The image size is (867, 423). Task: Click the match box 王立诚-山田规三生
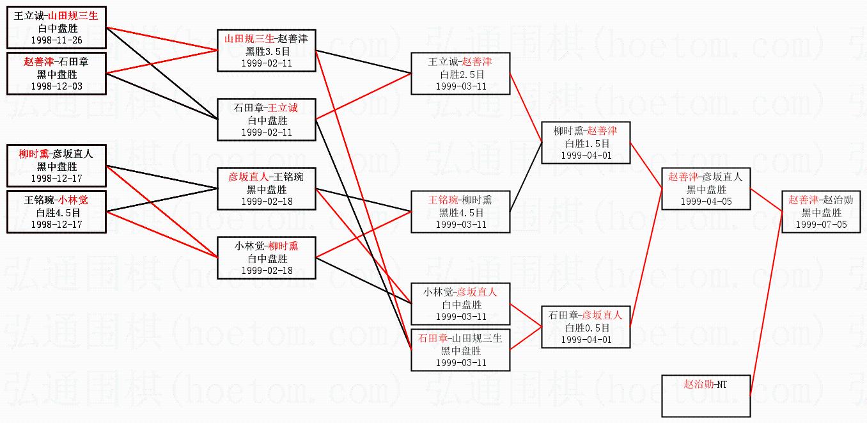point(56,28)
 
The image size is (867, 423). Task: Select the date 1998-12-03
point(56,86)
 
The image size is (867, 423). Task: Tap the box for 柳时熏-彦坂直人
point(56,166)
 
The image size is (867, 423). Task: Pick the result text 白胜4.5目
point(56,212)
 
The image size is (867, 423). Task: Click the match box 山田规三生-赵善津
point(266,51)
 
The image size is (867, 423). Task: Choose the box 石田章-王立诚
point(266,120)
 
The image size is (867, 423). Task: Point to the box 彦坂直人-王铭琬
point(266,189)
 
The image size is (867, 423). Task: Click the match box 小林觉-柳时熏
point(266,258)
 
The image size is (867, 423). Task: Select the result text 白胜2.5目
point(460,74)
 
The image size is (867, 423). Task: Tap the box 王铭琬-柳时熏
point(460,212)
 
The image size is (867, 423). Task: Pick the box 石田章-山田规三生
point(460,350)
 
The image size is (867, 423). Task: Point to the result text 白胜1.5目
point(586,143)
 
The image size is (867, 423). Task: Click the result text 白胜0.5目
point(586,328)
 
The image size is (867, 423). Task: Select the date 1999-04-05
point(706,201)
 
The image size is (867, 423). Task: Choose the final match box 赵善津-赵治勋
point(821,212)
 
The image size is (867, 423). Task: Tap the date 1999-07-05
point(821,224)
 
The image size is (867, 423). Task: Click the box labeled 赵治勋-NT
point(706,396)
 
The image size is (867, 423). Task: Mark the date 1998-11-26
point(56,40)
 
